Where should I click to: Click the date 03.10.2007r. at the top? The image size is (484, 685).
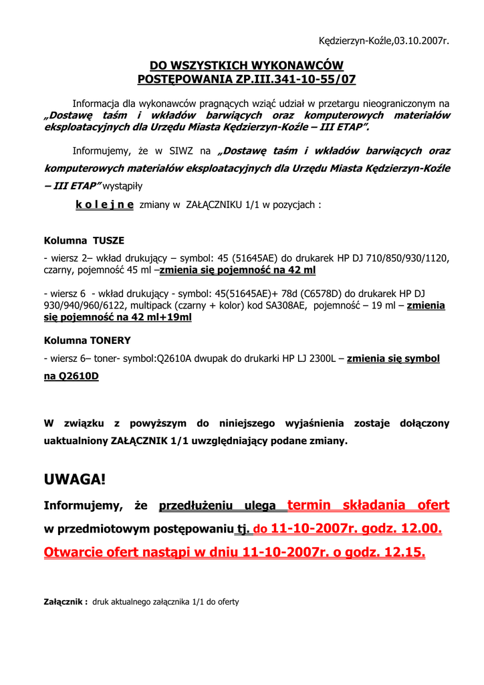click(419, 41)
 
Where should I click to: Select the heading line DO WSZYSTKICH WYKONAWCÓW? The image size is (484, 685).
click(246, 66)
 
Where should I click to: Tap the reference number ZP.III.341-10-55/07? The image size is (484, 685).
click(292, 80)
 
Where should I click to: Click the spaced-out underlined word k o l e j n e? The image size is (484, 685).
click(104, 205)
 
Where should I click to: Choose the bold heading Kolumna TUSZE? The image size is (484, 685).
click(84, 240)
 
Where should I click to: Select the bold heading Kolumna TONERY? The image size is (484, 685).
click(87, 340)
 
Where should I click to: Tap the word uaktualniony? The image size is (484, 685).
click(72, 441)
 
